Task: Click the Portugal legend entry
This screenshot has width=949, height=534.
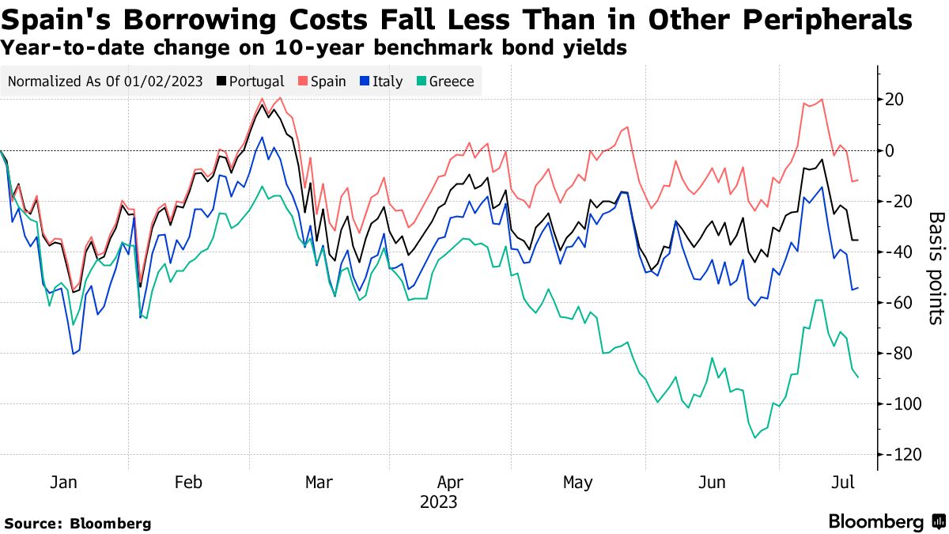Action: point(251,81)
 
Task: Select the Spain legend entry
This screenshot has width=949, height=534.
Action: point(322,81)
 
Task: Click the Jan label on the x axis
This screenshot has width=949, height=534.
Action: point(64,483)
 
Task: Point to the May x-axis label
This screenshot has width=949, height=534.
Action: point(578,483)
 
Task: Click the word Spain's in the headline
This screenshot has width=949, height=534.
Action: point(59,20)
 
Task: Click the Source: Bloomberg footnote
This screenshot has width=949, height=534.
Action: point(78,523)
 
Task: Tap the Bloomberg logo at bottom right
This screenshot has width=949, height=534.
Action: point(886,522)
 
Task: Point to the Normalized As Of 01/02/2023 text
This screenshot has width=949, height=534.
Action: point(105,81)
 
